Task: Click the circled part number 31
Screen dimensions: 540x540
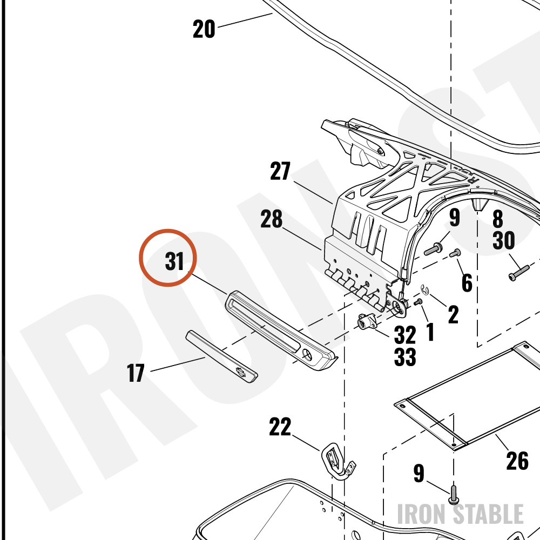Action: [174, 261]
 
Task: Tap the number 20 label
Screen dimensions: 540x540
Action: [204, 29]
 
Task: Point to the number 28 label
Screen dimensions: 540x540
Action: [272, 219]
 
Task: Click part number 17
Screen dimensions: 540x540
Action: [136, 373]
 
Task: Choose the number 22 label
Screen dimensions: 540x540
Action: [280, 427]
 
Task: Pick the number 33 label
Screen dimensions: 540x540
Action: [405, 357]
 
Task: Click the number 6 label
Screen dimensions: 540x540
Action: [467, 282]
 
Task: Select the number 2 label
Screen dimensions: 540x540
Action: [453, 314]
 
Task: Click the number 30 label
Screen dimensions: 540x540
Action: [503, 240]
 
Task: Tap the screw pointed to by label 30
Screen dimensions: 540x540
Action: [518, 273]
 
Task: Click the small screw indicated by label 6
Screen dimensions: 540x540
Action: [455, 253]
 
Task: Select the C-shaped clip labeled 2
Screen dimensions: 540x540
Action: [425, 290]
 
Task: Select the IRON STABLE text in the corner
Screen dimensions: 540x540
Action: [461, 514]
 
